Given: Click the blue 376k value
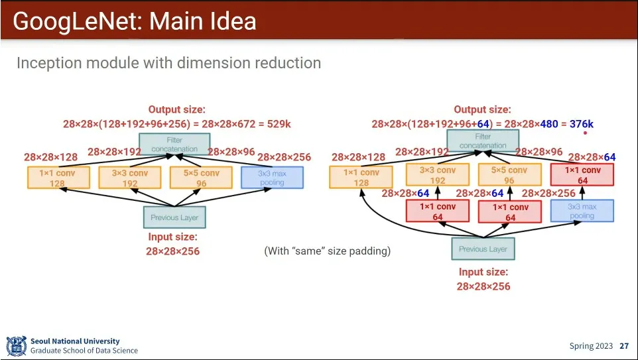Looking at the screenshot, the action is (x=582, y=124).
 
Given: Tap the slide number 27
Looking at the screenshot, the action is (x=624, y=346).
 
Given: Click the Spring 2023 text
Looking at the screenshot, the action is (x=591, y=346).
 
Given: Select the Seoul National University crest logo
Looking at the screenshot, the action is (x=16, y=346).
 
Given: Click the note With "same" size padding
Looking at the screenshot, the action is (x=328, y=251).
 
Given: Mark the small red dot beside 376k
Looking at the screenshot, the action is (x=586, y=133).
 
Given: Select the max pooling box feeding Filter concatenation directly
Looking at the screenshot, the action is (x=272, y=178).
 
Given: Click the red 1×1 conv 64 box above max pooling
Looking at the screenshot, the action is (x=582, y=175).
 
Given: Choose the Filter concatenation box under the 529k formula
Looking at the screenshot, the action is (x=174, y=145).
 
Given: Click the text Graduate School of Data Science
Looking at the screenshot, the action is (x=84, y=351).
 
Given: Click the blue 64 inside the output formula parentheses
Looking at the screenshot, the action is (x=483, y=124).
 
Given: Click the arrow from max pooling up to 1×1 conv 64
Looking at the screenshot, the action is (x=582, y=193).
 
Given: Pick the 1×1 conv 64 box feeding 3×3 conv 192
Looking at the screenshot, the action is (x=438, y=211).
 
